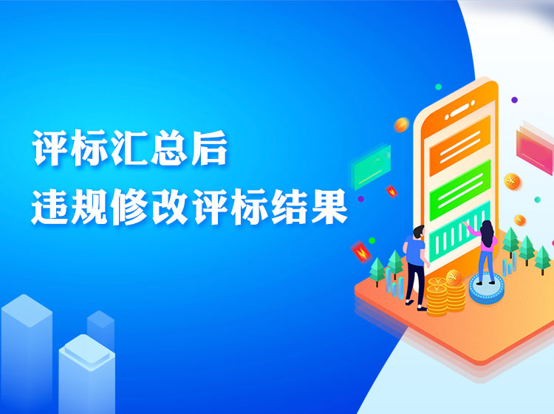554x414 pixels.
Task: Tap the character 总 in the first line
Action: pos(169,148)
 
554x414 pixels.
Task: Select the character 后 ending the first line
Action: pos(208,148)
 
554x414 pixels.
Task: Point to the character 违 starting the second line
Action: pos(49,207)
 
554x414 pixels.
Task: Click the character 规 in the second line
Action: pos(89,207)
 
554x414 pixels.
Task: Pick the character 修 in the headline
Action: pos(129,207)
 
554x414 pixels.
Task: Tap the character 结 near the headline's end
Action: pos(289,207)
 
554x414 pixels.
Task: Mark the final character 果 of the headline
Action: pos(329,207)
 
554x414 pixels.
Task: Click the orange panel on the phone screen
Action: pos(459,146)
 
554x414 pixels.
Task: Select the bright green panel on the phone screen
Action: pos(459,190)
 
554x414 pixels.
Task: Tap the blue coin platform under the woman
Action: pos(487,288)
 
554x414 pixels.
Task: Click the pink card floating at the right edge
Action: pos(535,149)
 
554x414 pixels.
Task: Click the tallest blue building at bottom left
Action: pos(27,353)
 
